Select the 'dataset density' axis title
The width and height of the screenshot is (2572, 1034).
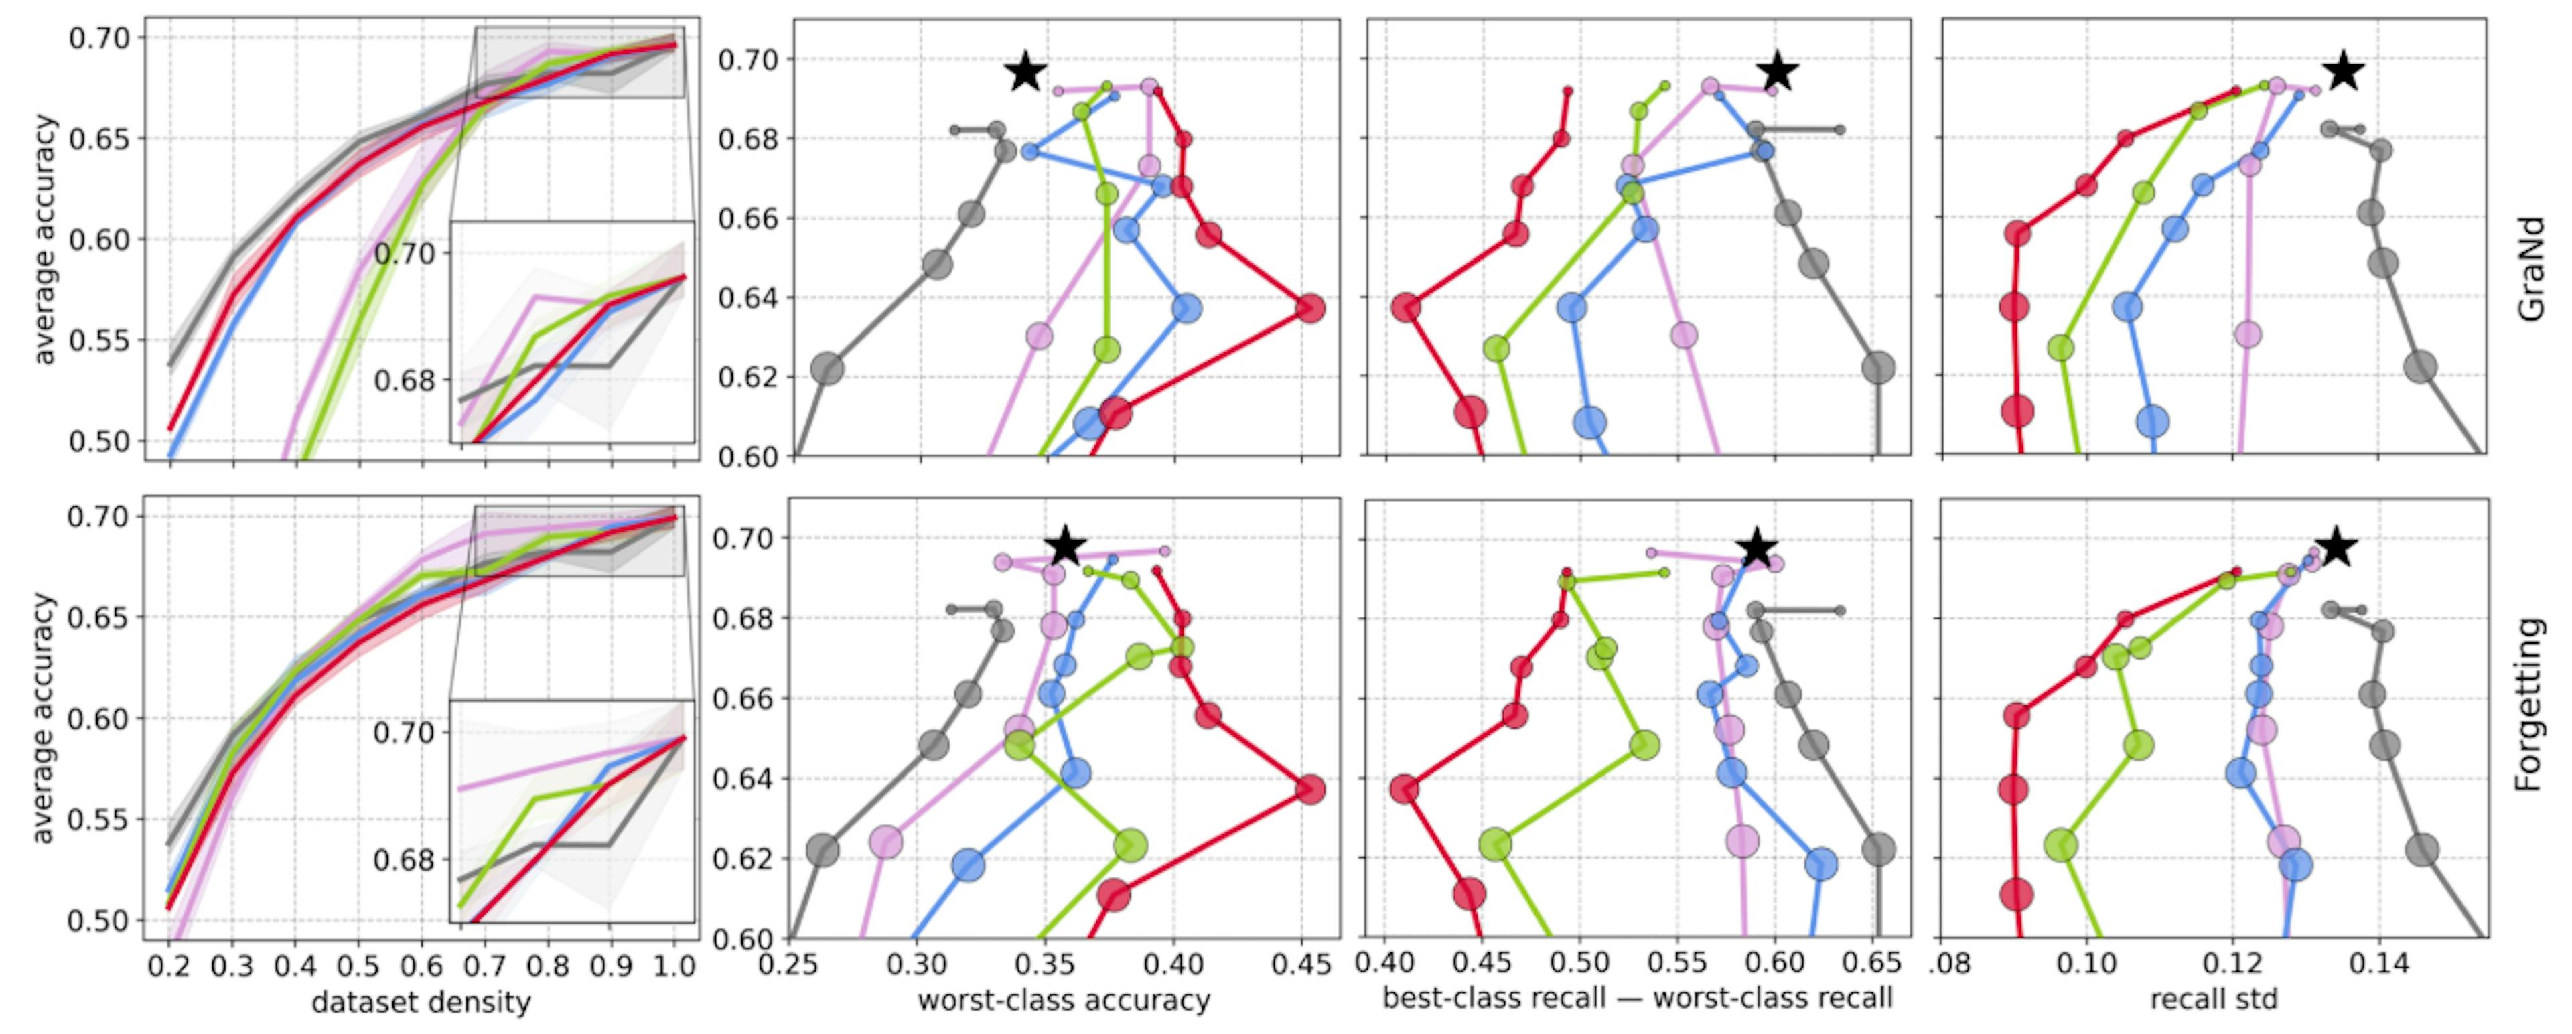(x=421, y=1002)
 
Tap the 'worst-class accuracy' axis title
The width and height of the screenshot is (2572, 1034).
(x=1064, y=1000)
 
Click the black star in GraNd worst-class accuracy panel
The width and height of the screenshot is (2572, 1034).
(x=1026, y=73)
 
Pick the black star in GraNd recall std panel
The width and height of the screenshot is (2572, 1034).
(x=2344, y=71)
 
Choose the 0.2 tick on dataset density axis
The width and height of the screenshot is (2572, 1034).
(x=171, y=966)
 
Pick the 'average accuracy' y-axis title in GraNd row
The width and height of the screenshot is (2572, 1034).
(x=42, y=240)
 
